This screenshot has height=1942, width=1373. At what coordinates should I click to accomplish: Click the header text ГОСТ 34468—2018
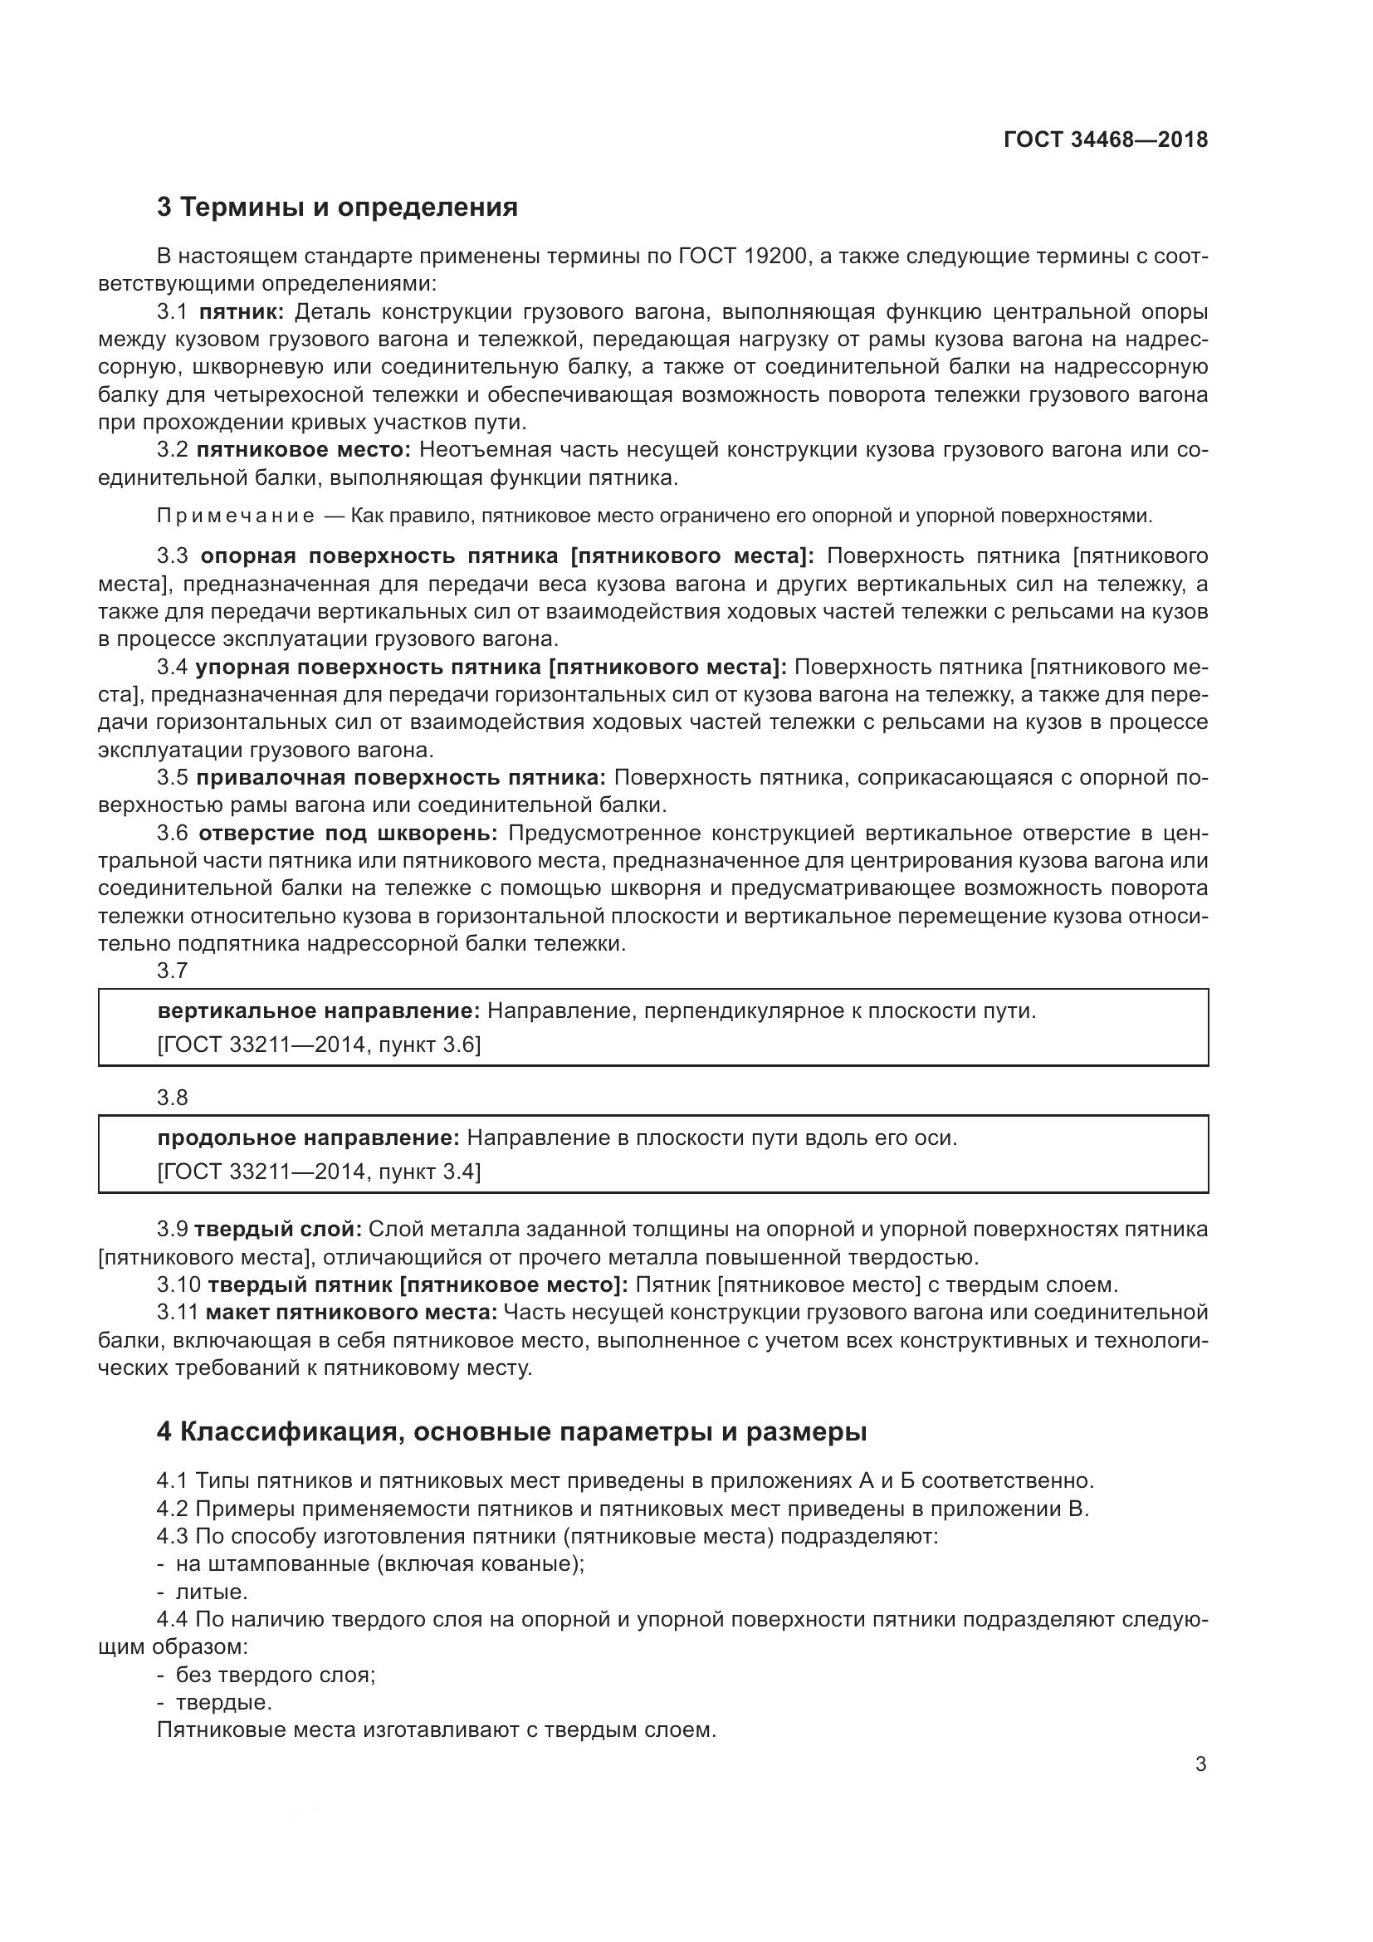pos(1105,139)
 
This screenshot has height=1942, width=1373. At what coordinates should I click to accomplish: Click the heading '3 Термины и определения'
pos(337,208)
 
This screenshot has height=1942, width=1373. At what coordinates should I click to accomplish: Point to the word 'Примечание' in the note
pos(236,516)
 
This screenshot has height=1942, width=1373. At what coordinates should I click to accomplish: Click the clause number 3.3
pos(173,555)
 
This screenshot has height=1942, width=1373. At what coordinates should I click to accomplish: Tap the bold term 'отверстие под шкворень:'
pos(349,833)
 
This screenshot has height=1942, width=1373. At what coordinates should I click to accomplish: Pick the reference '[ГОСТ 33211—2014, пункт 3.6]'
pos(319,1044)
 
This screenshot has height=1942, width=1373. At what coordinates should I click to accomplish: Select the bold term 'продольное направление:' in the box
pos(308,1137)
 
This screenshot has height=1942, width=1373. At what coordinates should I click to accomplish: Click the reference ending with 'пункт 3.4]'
pos(319,1172)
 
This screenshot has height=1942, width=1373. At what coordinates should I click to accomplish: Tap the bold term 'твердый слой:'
pos(278,1229)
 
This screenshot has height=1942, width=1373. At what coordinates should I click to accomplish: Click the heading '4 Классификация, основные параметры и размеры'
pos(511,1432)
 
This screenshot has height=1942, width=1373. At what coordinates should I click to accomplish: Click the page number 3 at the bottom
pos(1200,1764)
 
